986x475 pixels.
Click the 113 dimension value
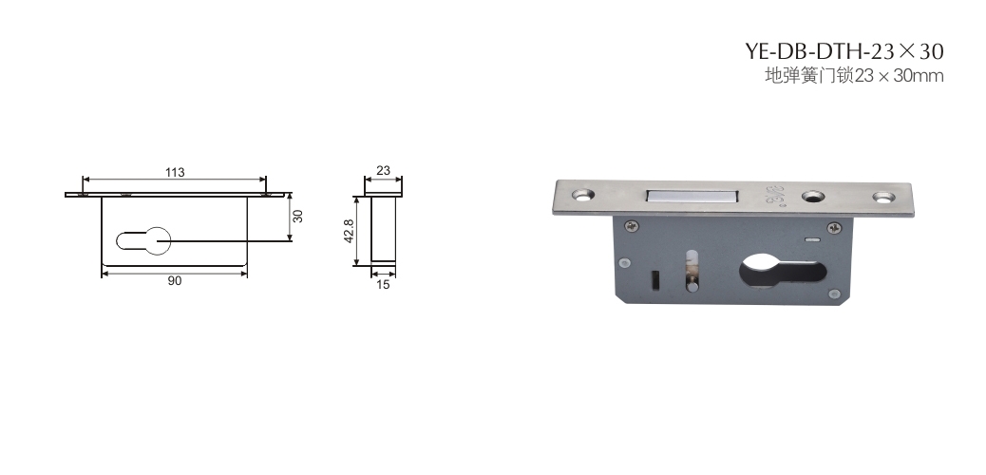click(175, 172)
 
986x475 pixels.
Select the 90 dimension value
click(174, 280)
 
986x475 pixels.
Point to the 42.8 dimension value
click(350, 230)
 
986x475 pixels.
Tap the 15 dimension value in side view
click(383, 284)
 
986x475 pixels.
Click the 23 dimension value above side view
click(383, 170)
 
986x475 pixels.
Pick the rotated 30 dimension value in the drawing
click(298, 216)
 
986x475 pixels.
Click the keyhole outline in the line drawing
click(143, 241)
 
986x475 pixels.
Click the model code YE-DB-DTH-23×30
click(844, 50)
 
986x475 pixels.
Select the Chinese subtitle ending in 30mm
click(854, 76)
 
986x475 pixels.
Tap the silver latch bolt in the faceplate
click(691, 197)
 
